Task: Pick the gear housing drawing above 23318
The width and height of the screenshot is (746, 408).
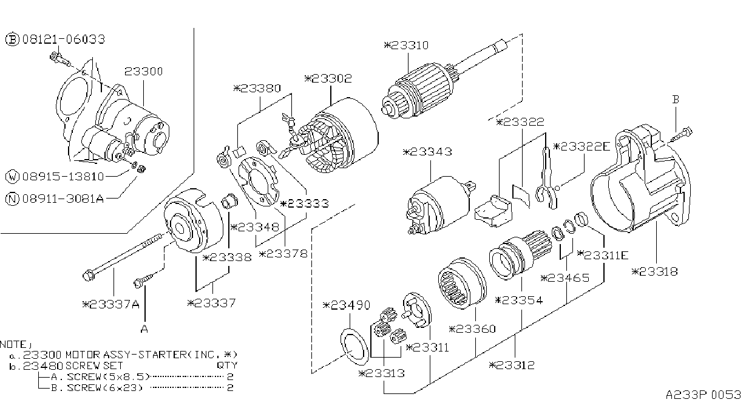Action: [x=640, y=178]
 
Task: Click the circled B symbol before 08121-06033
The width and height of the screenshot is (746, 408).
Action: [x=12, y=39]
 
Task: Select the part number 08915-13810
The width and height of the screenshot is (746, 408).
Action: [x=63, y=176]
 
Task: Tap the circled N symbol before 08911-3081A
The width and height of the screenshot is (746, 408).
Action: [x=12, y=199]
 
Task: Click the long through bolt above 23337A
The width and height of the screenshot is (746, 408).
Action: [x=123, y=256]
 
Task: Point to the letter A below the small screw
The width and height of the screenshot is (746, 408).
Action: [x=144, y=329]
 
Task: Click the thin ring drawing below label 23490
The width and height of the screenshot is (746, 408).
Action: [x=354, y=347]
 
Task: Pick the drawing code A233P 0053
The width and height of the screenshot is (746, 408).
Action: [x=704, y=395]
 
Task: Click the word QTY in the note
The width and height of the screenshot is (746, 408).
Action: [x=227, y=365]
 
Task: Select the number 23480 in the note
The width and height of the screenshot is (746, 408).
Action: [x=43, y=365]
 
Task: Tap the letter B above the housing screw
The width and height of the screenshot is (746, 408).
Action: [x=676, y=99]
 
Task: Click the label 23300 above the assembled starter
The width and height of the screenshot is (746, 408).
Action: [x=143, y=71]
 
